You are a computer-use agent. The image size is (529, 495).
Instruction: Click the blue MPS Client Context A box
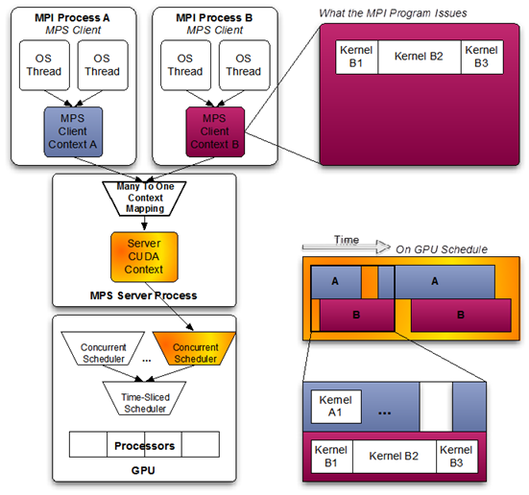(73, 131)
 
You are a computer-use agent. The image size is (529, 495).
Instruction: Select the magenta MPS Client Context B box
(215, 131)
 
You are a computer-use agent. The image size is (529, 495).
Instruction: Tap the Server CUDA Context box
(144, 256)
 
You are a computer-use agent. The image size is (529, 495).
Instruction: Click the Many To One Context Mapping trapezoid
(144, 199)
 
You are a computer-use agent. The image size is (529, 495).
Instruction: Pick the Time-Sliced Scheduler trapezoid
(144, 398)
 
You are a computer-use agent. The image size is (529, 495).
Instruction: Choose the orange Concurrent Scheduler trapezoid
(194, 348)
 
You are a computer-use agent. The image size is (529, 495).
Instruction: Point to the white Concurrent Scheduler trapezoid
(103, 348)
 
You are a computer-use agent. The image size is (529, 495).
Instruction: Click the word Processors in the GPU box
(144, 446)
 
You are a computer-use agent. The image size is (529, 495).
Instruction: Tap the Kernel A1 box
(336, 407)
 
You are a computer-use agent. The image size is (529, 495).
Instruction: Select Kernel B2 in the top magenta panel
(419, 57)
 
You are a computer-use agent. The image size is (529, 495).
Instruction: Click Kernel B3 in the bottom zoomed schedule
(456, 457)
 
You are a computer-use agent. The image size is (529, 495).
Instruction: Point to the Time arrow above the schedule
(347, 247)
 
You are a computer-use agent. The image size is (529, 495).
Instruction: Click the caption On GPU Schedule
(442, 249)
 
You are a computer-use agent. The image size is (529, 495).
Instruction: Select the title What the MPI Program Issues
(393, 13)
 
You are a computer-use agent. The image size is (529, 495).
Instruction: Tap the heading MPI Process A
(72, 17)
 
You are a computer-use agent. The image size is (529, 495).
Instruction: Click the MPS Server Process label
(143, 295)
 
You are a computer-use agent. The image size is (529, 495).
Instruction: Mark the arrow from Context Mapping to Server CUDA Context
(144, 224)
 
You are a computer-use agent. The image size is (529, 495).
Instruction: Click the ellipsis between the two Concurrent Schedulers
(147, 361)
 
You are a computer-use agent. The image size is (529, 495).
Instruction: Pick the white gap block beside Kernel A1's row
(436, 407)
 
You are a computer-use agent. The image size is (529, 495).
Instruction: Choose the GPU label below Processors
(143, 470)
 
